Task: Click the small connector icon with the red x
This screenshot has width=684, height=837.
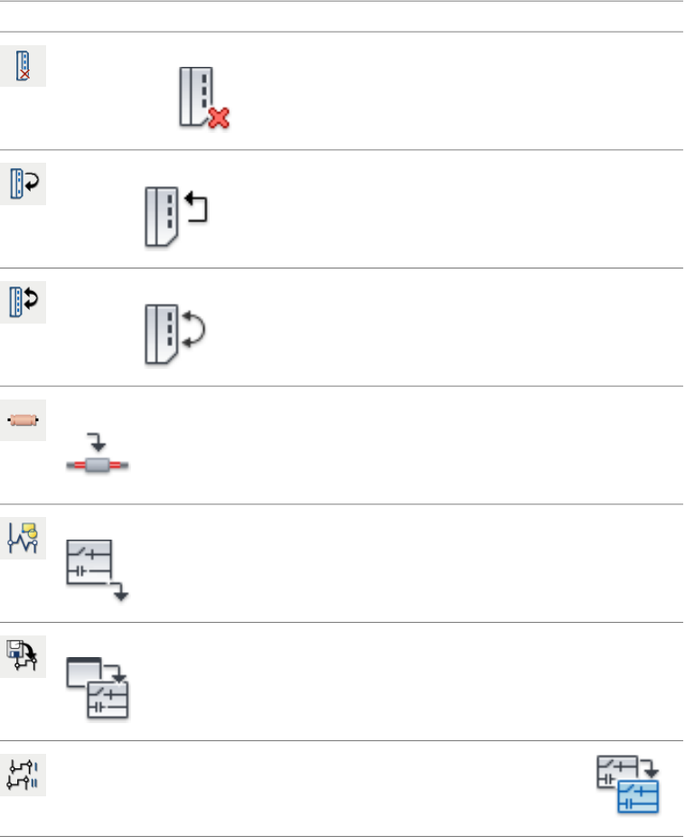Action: pos(23,67)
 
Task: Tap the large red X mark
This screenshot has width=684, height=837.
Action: pos(218,117)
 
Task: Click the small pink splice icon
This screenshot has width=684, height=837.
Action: pos(23,420)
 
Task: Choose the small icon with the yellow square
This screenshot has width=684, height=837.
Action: pos(23,539)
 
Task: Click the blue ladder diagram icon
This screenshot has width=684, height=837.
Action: pos(639,796)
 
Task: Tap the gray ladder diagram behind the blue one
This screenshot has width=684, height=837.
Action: pos(615,773)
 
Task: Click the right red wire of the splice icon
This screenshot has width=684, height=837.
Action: pos(120,466)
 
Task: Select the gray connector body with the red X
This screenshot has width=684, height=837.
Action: pos(196,95)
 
